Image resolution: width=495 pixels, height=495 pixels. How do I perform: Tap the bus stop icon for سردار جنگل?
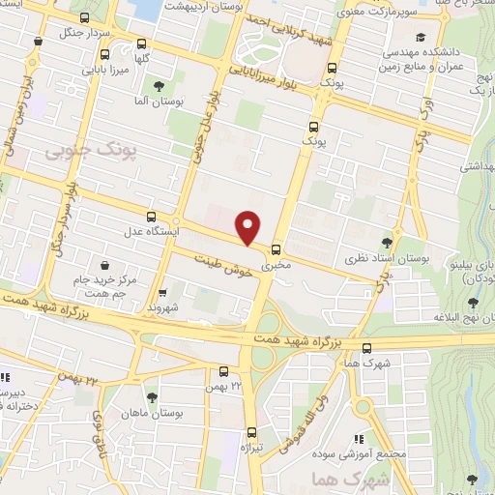(38, 42)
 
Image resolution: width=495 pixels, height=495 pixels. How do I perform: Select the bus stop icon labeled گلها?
(143, 44)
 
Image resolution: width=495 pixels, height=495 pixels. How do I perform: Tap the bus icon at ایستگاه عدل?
(150, 217)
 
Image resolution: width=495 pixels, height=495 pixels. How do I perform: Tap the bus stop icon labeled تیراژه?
(251, 432)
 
